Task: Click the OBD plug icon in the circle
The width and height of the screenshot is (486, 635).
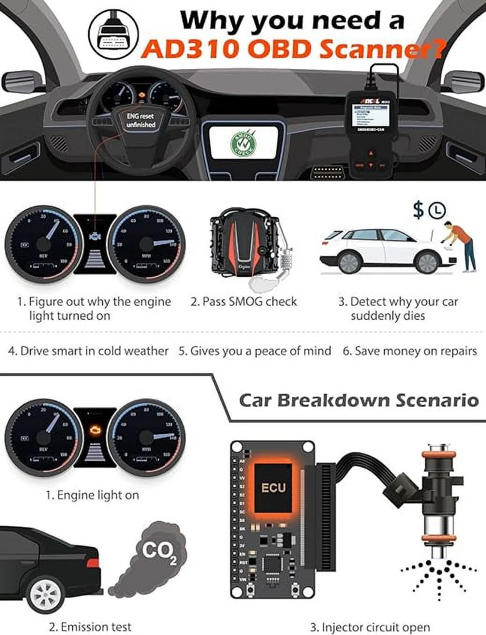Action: pos(113,30)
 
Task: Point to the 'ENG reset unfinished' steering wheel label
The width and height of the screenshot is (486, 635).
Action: pos(140,120)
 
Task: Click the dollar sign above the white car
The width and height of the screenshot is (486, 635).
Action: pos(418,210)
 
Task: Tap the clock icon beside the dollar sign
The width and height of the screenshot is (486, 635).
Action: pos(437,210)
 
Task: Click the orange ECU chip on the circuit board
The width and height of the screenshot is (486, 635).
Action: pos(274,487)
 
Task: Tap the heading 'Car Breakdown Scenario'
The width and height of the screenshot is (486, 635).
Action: pos(359,400)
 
